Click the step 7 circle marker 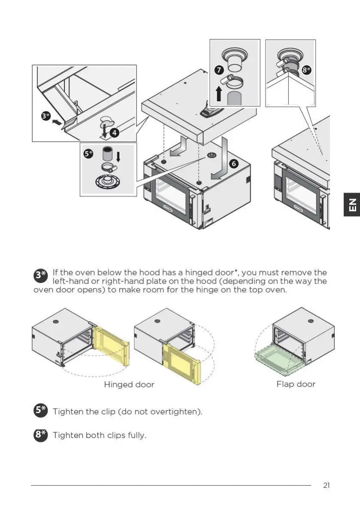(x=218, y=70)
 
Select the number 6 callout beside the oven (x=234, y=163)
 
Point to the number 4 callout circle (x=114, y=133)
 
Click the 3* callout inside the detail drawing (x=46, y=116)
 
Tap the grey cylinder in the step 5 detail (x=107, y=155)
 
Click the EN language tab (x=352, y=205)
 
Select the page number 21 (x=327, y=486)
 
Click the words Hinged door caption (x=129, y=385)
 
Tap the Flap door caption (x=296, y=384)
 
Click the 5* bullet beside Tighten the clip (x=40, y=411)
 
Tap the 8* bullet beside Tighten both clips (x=40, y=435)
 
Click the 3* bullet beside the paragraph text (x=40, y=275)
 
